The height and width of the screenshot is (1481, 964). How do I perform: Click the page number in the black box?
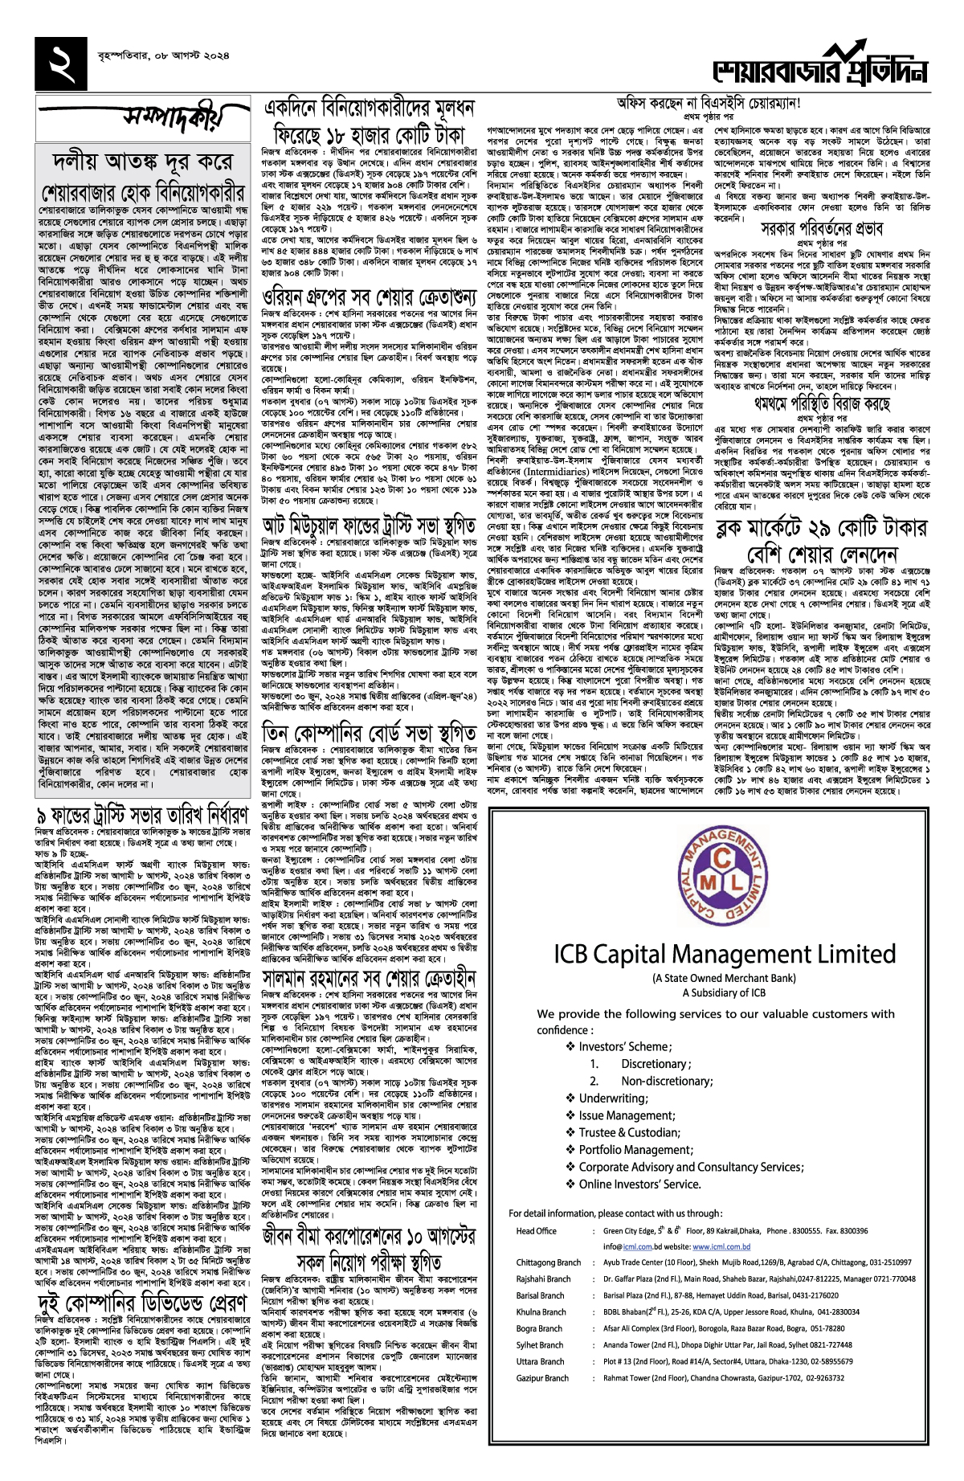coord(61,63)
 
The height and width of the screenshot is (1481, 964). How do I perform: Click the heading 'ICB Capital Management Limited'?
coord(724,955)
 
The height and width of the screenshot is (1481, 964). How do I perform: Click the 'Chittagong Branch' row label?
coord(548,1262)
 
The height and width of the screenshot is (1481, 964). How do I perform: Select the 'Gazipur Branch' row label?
coord(542,1378)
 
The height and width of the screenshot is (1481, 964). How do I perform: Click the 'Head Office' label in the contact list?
coord(536,1231)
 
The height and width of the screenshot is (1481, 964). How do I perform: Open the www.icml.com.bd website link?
coord(721,1246)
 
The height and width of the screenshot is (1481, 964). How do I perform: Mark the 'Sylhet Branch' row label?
coord(539,1345)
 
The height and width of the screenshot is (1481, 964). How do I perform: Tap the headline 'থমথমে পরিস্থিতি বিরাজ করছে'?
coord(822,402)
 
